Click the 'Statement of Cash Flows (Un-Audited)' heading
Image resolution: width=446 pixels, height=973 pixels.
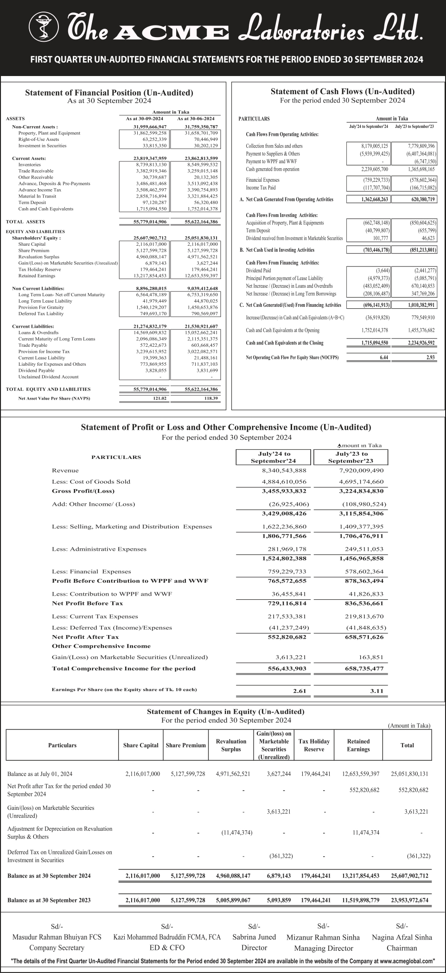[342, 91]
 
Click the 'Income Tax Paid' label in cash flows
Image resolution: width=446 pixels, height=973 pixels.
[261, 188]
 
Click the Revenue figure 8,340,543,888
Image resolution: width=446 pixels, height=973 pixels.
[284, 470]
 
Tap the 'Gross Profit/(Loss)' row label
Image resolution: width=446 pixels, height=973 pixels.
[83, 490]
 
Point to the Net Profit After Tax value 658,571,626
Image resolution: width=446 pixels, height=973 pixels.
[361, 636]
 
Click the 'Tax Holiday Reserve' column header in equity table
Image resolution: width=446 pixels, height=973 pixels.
[314, 745]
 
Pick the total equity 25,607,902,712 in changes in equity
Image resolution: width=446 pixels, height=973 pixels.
[409, 876]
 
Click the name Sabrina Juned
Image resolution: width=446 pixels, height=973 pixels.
[254, 937]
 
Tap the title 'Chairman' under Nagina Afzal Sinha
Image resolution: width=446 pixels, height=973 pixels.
[401, 948]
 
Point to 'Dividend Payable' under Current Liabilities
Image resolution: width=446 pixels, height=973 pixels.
[36, 370]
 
